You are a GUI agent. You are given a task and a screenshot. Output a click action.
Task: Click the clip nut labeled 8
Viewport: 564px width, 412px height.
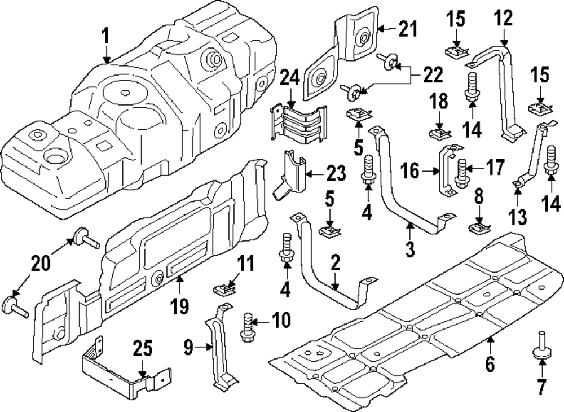coord(478,229)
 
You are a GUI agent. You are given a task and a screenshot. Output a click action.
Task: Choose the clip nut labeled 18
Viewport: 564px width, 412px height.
coord(439,134)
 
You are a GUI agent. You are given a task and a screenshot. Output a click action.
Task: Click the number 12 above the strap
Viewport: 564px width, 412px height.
coord(504,19)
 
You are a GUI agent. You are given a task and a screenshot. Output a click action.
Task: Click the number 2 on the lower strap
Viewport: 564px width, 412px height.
coord(336,263)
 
